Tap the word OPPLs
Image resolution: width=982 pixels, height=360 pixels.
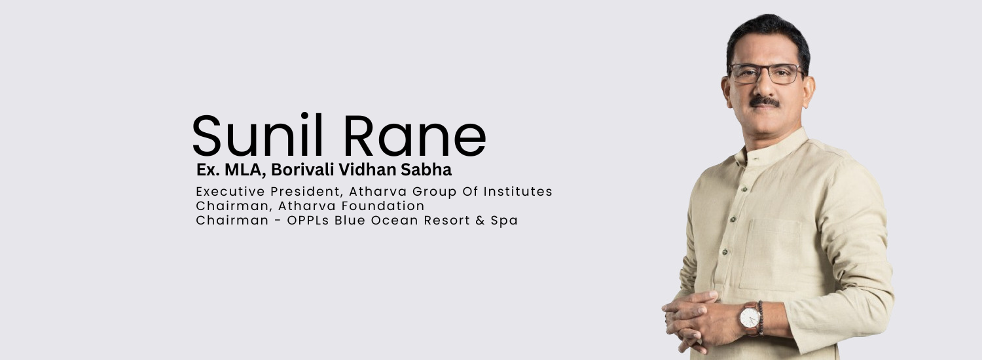(308, 221)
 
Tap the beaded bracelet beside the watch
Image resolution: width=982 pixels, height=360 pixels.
(761, 317)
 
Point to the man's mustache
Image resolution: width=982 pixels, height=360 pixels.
(765, 102)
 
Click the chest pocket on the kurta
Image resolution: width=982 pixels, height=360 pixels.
(771, 252)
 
